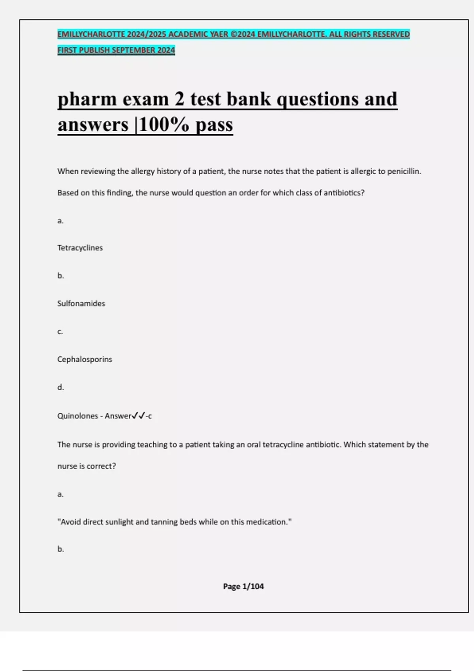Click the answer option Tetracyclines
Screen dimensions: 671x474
pyautogui.click(x=80, y=248)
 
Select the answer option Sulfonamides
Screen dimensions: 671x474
pyautogui.click(x=81, y=304)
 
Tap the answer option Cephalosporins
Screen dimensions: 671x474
pyautogui.click(x=85, y=359)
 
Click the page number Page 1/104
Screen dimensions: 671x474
pyautogui.click(x=243, y=586)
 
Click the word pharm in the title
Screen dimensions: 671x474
pyautogui.click(x=87, y=99)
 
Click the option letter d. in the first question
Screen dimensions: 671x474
pyautogui.click(x=60, y=387)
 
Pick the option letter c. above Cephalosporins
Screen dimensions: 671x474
pyautogui.click(x=60, y=332)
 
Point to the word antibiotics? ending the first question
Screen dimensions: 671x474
pyautogui.click(x=344, y=193)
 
